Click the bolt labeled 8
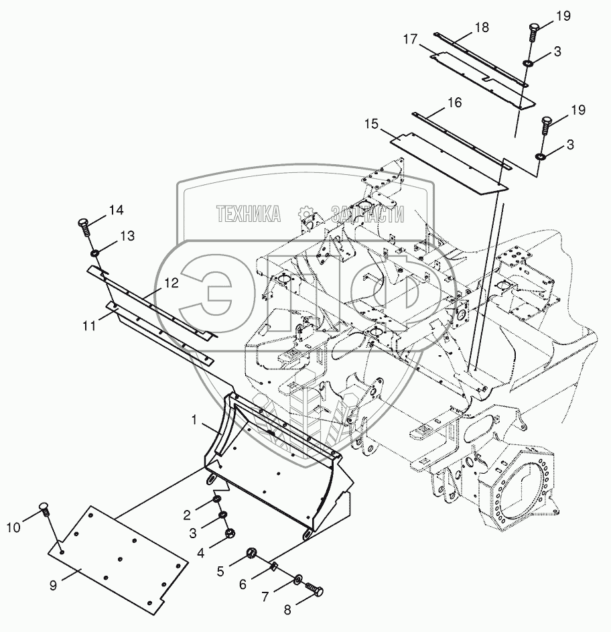point(314,590)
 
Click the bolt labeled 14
point(84,226)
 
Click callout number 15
point(372,124)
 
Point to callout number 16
point(454,103)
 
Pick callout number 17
point(411,40)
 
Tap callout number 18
point(482,27)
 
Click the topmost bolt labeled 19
point(533,30)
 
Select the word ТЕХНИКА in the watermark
point(248,214)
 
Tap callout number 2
point(188,515)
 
